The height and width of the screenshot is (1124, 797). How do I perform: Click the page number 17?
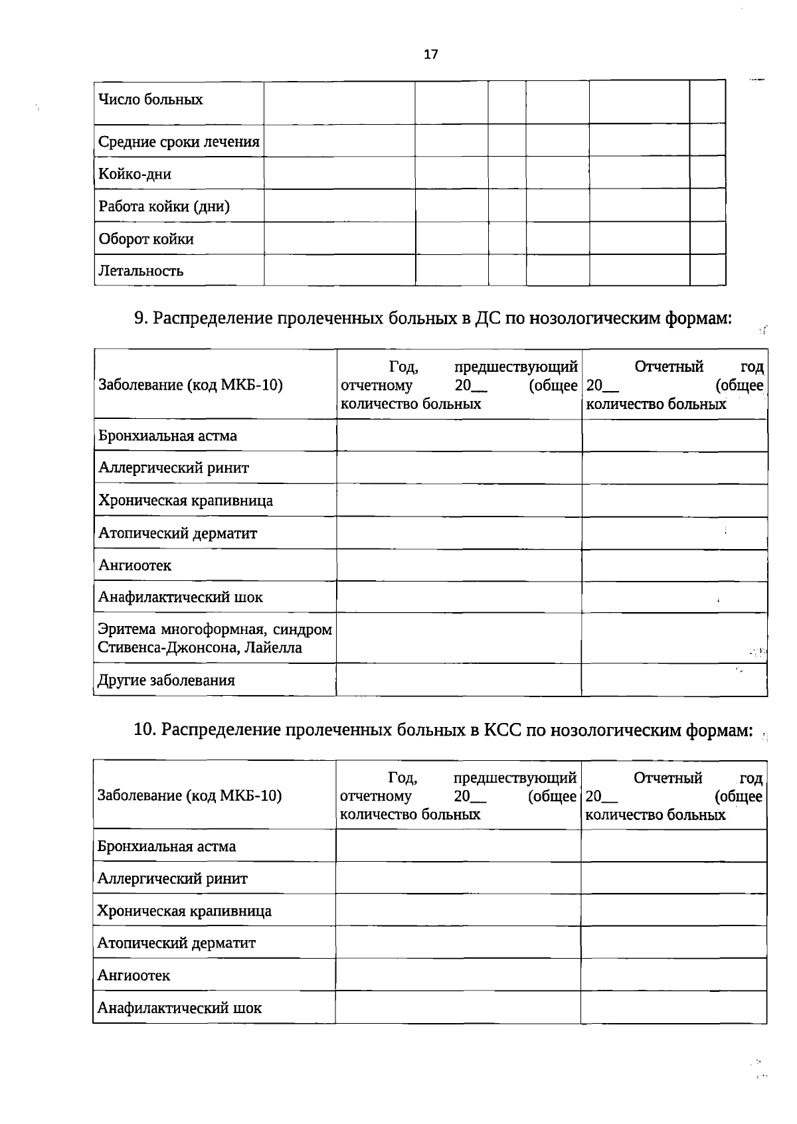430,54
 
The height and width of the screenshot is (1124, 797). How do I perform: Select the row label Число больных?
151,100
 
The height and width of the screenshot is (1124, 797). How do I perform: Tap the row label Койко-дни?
135,174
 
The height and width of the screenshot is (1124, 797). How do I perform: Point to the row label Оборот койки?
146,239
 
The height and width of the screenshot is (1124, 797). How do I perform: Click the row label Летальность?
141,271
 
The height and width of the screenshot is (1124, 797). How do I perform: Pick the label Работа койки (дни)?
164,206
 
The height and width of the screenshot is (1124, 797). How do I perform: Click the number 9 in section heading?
139,319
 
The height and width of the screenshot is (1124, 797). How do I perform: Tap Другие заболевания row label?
166,681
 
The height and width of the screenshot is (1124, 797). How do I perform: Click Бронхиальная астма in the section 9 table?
167,436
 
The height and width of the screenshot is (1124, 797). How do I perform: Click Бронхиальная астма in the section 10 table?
166,846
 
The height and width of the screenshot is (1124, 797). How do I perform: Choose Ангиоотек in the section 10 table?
133,975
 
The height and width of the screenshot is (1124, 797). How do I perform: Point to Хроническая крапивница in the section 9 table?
185,501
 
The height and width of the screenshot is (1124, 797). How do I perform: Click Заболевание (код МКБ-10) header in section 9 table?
191,385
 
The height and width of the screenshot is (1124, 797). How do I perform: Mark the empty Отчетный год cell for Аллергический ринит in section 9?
675,468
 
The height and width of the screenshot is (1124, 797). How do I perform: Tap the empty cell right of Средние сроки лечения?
339,141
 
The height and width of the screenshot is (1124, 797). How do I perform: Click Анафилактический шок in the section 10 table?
179,1008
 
